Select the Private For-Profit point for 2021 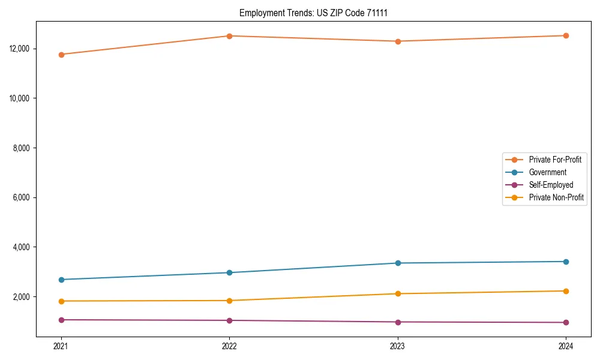61,55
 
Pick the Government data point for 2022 229,272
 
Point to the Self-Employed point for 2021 61,320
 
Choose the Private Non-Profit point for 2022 229,301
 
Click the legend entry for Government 547,172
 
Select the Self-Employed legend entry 551,185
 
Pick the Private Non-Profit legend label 556,197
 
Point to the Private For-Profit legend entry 555,160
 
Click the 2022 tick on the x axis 229,346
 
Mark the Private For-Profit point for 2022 229,36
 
